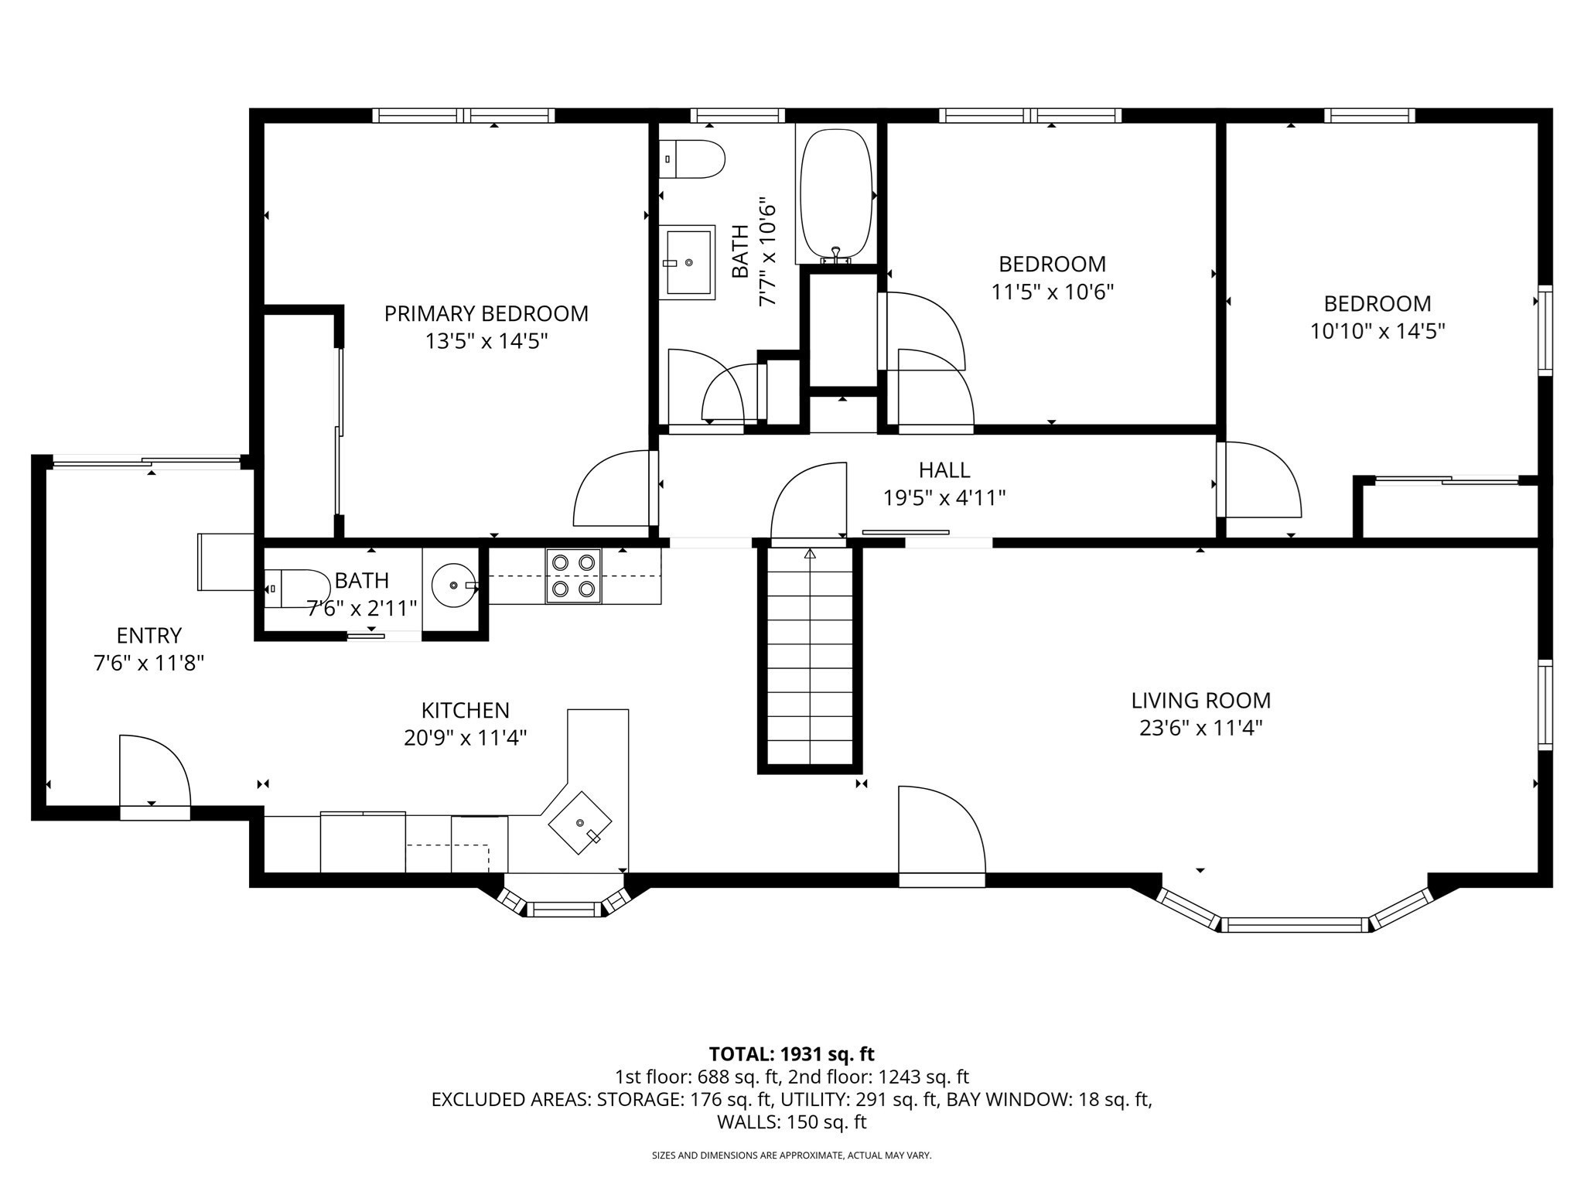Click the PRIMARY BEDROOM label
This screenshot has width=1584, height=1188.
486,313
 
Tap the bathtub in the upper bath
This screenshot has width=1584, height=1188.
836,194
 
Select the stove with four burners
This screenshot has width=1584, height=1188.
573,575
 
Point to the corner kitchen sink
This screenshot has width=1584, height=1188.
580,822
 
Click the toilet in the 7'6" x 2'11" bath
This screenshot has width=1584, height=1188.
297,589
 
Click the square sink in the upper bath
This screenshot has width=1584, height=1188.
687,262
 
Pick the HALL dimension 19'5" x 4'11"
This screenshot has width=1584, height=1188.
944,497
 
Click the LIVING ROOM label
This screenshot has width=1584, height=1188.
1200,701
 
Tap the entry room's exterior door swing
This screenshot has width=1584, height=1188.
153,770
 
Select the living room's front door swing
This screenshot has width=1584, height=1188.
939,830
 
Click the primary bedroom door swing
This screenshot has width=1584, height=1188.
611,490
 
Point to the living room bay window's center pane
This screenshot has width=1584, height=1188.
1294,923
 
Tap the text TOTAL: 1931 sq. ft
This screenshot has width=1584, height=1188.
791,1053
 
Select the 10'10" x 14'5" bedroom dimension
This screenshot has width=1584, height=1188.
1377,331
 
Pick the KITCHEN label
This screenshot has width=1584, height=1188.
465,710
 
